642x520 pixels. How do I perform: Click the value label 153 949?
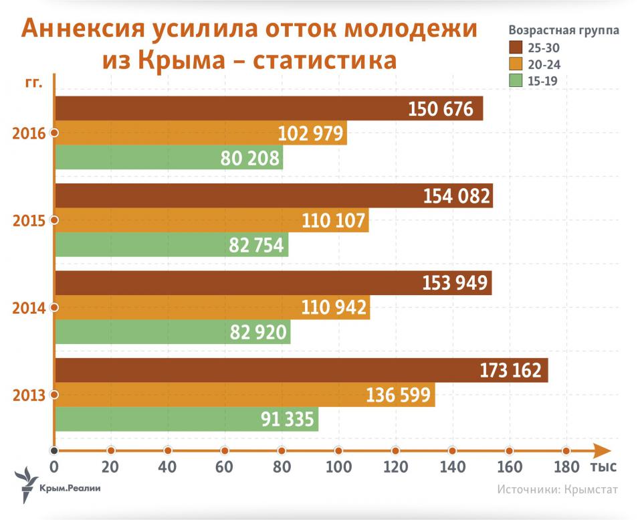pyautogui.click(x=456, y=283)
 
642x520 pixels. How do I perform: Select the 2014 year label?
pyautogui.click(x=29, y=308)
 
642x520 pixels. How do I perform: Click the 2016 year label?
pyautogui.click(x=29, y=133)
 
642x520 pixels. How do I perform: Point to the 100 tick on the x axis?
pyautogui.click(x=338, y=450)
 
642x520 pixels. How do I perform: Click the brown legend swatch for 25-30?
pyautogui.click(x=516, y=48)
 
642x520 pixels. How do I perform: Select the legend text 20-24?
pyautogui.click(x=543, y=65)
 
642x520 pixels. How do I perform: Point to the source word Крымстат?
pyautogui.click(x=591, y=489)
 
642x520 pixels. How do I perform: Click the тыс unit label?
pyautogui.click(x=603, y=466)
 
